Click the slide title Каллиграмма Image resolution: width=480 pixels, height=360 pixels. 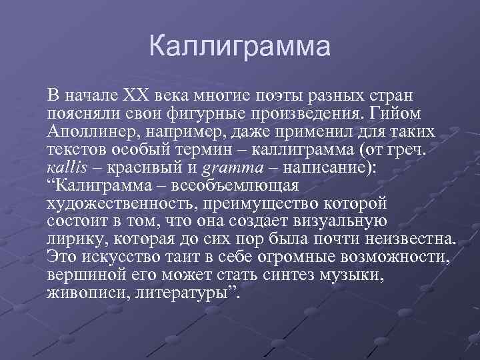pos(240,47)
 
